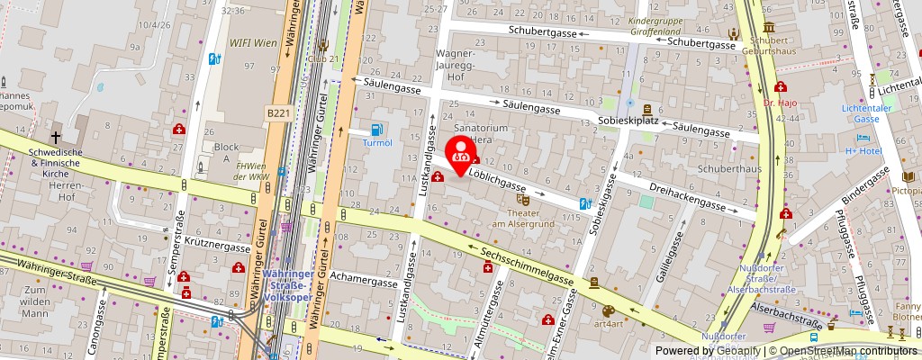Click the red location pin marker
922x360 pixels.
point(461,149)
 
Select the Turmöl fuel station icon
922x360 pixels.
point(376,129)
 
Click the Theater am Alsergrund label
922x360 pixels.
point(515,219)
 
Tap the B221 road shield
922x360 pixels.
point(277,113)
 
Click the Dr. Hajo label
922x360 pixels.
point(781,103)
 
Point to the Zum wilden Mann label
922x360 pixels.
point(35,301)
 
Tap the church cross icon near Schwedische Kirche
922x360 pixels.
point(56,138)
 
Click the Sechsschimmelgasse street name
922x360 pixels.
point(528,265)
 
